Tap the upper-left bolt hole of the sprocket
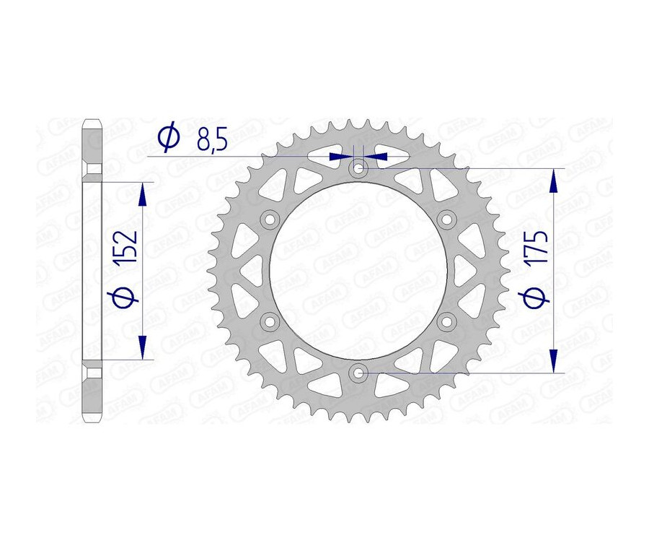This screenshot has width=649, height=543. [270, 220]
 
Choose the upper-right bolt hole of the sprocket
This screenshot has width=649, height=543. [446, 220]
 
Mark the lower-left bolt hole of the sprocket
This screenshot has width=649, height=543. [270, 321]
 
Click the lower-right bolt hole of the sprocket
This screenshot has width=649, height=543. [446, 321]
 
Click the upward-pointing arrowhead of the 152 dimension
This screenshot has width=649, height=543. [143, 194]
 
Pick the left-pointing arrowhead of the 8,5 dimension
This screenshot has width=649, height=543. [377, 156]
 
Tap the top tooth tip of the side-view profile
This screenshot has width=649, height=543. [92, 122]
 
